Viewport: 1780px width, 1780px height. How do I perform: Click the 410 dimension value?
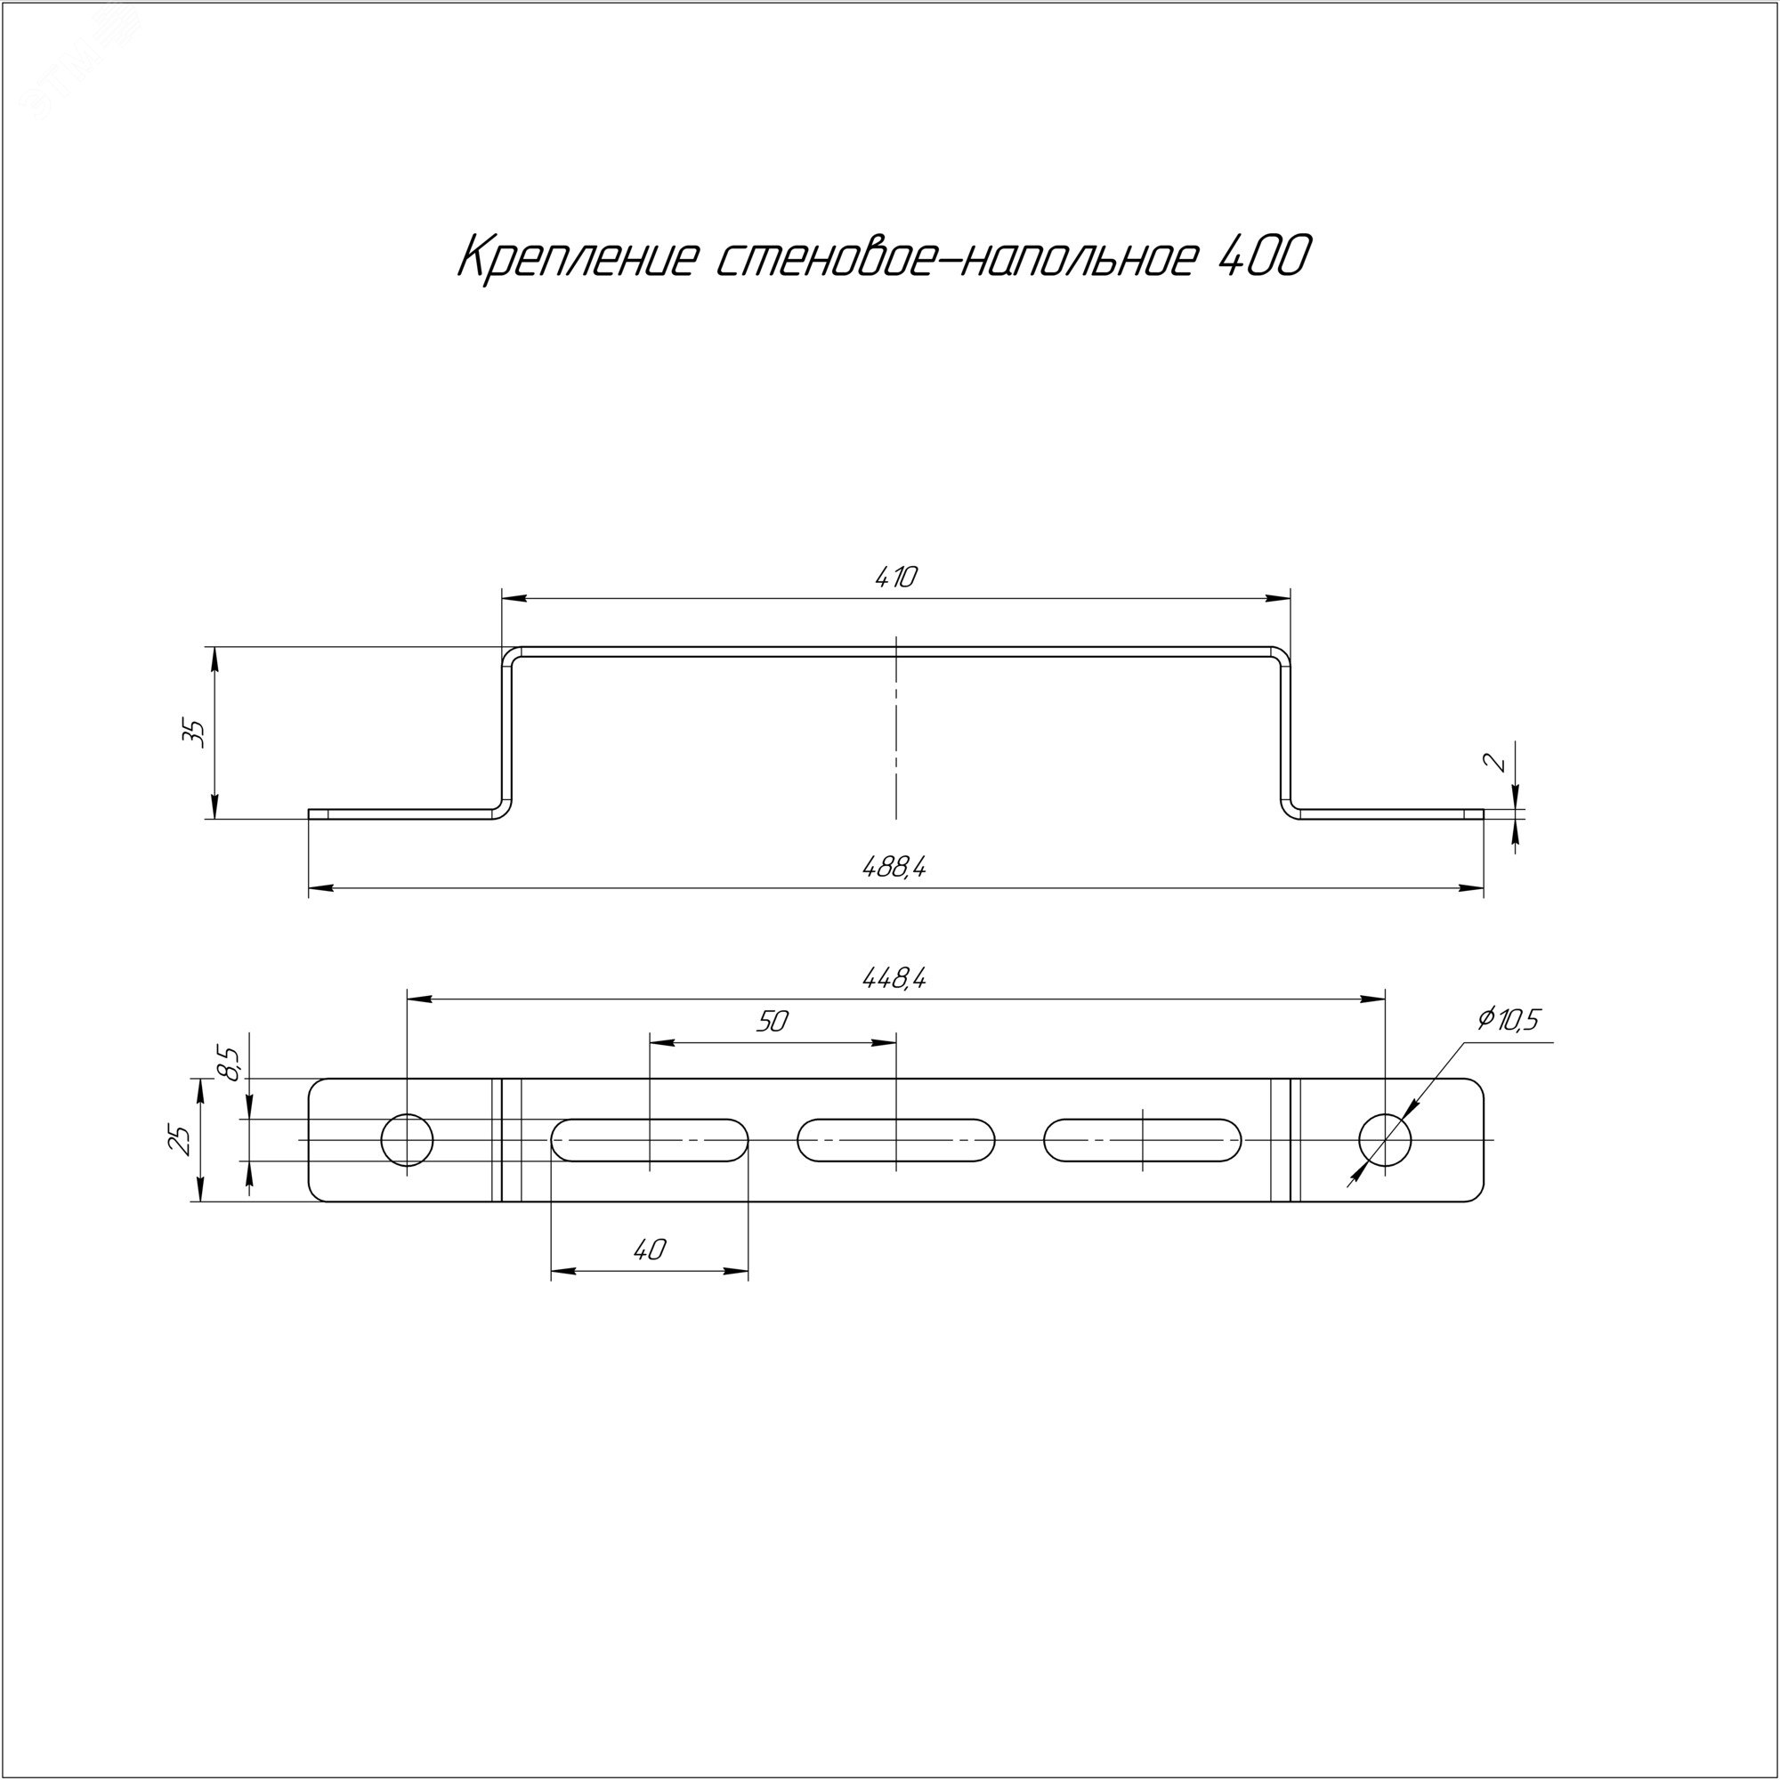pos(895,578)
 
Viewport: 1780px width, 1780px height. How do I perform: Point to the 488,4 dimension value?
pos(894,867)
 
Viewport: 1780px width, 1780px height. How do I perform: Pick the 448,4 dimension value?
pos(894,977)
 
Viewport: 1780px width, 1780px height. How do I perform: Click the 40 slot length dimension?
pos(650,1250)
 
